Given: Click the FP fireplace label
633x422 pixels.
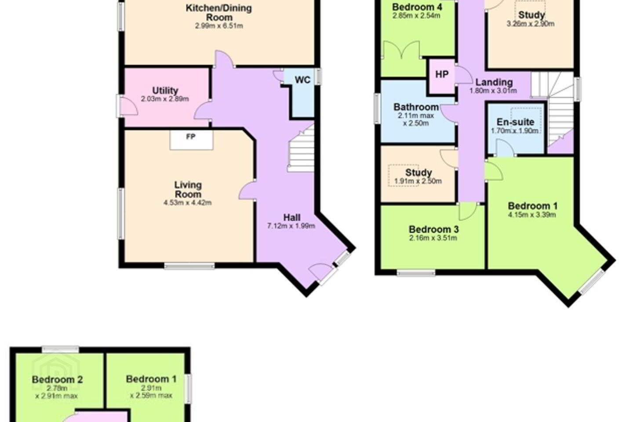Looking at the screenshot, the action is [x=191, y=137].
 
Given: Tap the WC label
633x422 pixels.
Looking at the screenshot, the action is [x=302, y=80].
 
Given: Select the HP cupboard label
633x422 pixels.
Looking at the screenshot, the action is [x=442, y=74].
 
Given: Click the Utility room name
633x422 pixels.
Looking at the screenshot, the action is [x=165, y=91].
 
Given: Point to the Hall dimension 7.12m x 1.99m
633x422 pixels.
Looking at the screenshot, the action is [x=291, y=226].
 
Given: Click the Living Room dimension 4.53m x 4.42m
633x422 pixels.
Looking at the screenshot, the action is [x=188, y=203].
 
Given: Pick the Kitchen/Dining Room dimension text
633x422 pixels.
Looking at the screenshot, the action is [x=219, y=26].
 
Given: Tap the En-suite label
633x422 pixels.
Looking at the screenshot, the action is [x=516, y=122].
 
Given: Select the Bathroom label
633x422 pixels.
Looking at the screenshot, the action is [x=416, y=107].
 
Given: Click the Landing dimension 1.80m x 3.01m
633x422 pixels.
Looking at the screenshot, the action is [x=493, y=91].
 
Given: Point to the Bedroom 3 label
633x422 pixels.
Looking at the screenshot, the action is [x=434, y=229].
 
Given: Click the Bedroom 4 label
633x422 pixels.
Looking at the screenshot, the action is [x=417, y=7].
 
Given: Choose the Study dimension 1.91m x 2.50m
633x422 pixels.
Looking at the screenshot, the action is [x=418, y=181].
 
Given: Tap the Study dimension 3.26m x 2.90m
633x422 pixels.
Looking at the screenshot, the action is [x=531, y=24].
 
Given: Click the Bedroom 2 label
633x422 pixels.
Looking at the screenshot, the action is [x=57, y=379].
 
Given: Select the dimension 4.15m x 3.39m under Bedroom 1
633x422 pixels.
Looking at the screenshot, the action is [x=532, y=215].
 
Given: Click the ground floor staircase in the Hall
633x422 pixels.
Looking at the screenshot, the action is [x=301, y=149].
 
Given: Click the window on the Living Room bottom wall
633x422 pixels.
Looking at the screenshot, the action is [x=189, y=266].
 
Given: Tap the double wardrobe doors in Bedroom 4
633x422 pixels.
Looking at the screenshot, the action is [x=401, y=50].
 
